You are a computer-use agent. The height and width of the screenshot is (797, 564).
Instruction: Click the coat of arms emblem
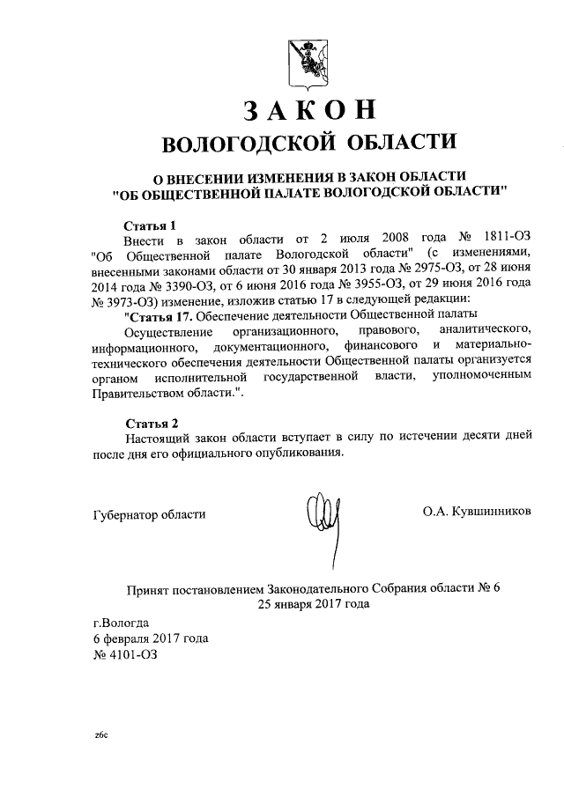pos(307,63)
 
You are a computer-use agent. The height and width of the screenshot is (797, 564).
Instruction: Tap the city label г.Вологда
pos(121,622)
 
